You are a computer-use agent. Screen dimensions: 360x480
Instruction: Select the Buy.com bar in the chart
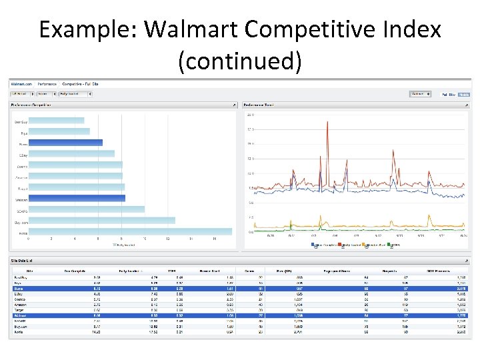103,220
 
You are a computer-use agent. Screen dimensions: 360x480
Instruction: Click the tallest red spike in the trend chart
327,123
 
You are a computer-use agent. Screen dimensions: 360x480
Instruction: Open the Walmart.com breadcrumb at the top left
21,84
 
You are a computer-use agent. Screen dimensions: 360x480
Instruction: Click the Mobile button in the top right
464,94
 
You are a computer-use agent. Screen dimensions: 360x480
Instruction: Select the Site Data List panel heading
23,260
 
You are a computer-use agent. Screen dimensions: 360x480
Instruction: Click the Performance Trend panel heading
259,105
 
